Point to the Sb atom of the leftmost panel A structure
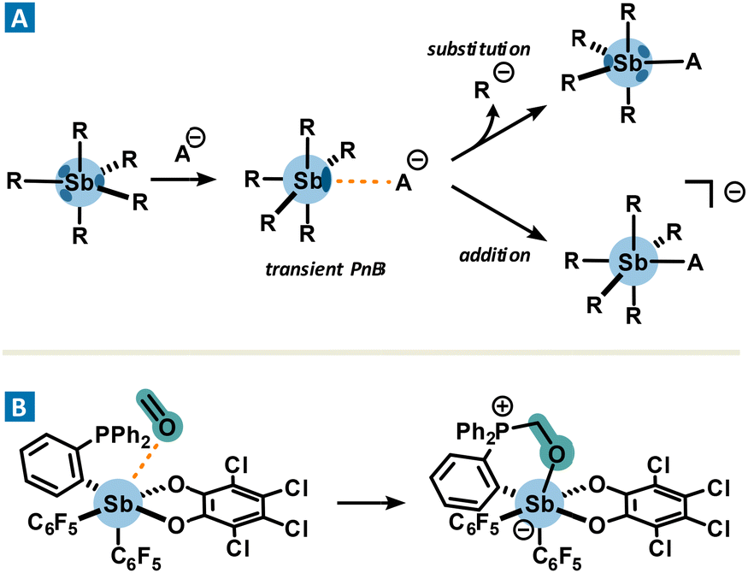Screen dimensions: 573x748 coord(80,180)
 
